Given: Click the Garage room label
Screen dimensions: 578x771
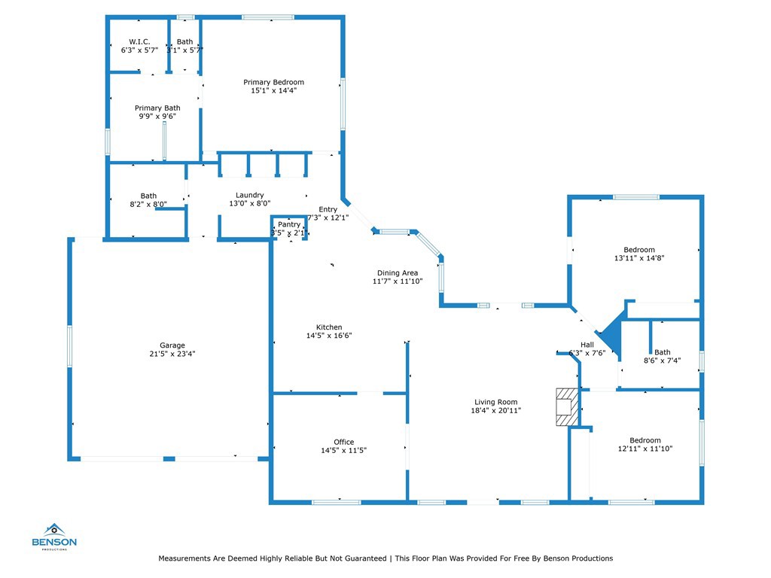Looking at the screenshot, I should coord(172,345).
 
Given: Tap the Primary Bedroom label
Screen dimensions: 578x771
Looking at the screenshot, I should coord(273,82).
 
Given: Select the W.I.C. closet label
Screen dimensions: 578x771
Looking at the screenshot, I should coord(140,41).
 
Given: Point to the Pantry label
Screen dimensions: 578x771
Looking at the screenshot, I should coord(289,224).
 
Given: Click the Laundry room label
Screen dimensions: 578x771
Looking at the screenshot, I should coord(249,195).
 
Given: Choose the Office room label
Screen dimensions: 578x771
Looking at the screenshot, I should coord(343,442).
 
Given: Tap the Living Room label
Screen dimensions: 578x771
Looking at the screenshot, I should coord(495,401).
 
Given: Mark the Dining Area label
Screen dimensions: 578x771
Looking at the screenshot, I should coord(398,272).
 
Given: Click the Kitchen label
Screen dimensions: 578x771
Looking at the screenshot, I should coord(329,327).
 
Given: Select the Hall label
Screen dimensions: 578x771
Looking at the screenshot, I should coord(587,344).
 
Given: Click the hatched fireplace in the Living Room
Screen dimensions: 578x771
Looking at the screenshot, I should coord(566,407).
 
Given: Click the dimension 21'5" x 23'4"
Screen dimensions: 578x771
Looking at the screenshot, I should coord(172,354).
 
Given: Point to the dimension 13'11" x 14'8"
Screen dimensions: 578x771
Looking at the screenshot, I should coord(639,257).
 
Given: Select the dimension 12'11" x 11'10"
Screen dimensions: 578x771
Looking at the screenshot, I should coord(645,449).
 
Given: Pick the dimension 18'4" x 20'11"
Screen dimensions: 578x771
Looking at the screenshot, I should coord(495,410).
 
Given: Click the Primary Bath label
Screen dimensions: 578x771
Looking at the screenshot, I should coord(157,108).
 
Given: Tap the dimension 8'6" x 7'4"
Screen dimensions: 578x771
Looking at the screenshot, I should coord(662,360).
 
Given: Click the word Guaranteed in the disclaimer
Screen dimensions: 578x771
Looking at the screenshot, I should coord(360,558).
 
